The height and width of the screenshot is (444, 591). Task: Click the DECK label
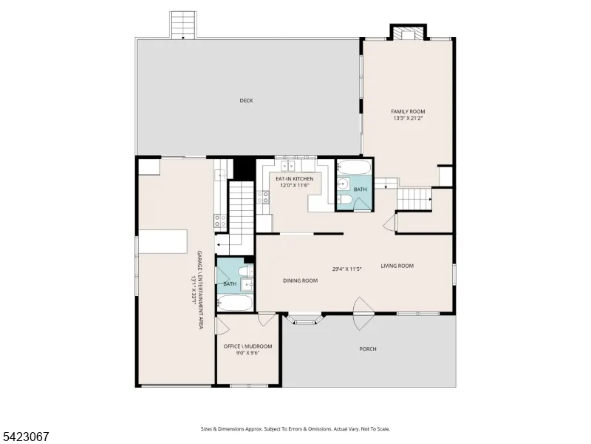pos(246,101)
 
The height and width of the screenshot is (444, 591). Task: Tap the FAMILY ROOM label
pos(408,112)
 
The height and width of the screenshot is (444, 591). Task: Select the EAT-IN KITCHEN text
pos(294,178)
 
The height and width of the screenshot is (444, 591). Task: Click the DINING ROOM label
pos(301,280)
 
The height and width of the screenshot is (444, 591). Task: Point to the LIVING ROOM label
pos(397,266)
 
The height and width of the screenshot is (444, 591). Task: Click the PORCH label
pos(368,349)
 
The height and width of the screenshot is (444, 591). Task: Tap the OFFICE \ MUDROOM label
pos(247,346)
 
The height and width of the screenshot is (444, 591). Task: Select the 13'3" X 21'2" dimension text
pos(408,118)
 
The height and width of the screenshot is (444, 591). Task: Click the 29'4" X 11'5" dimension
pos(346,269)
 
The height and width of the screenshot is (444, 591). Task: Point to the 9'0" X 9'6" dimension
pos(248,353)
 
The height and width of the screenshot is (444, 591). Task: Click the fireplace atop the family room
pos(408,32)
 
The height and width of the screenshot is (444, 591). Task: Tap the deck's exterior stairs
pos(183,25)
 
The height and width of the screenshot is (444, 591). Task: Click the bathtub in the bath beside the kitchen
pos(354,167)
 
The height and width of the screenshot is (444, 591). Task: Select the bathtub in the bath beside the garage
pos(235,303)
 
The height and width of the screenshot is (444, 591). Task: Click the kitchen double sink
pos(287,166)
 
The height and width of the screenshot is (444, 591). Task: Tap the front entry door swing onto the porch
pos(363,313)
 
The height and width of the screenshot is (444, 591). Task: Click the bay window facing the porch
pos(304,319)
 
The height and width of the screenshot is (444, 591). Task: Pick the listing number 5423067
pos(24,437)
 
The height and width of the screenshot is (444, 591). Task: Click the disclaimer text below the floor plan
pos(295,429)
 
